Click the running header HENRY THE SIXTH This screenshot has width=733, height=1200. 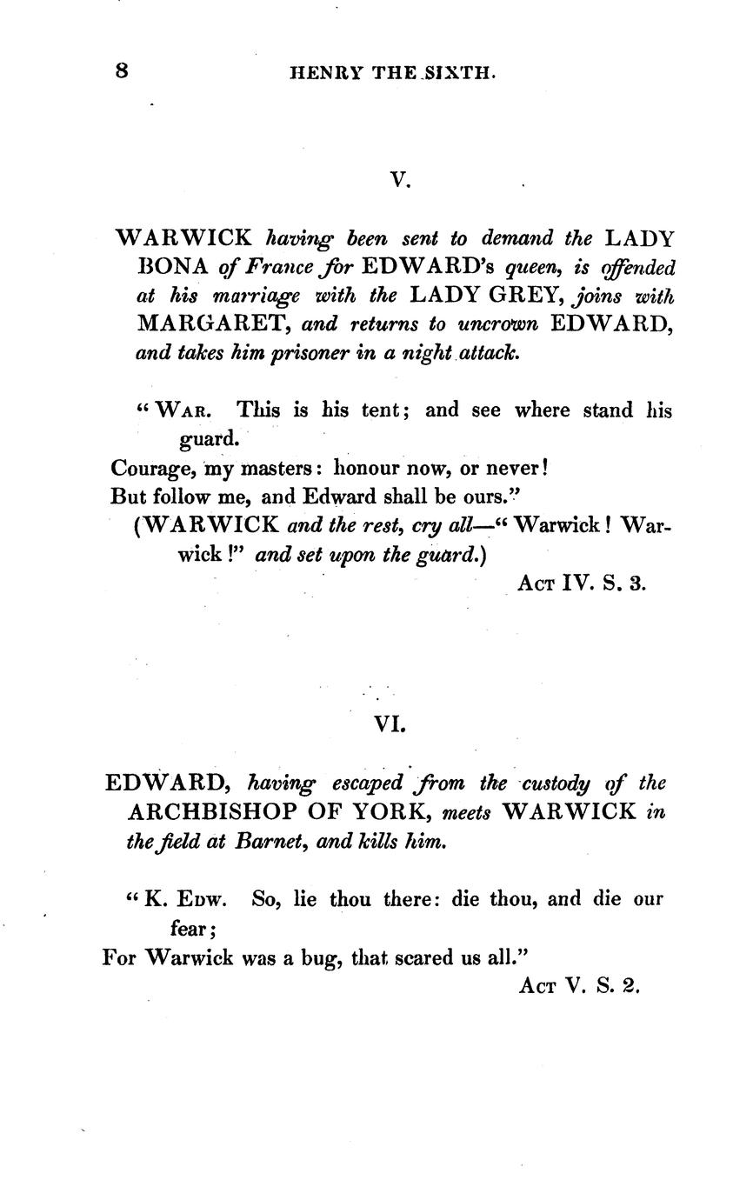(393, 75)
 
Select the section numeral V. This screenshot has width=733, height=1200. (399, 181)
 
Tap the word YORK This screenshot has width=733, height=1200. (394, 813)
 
